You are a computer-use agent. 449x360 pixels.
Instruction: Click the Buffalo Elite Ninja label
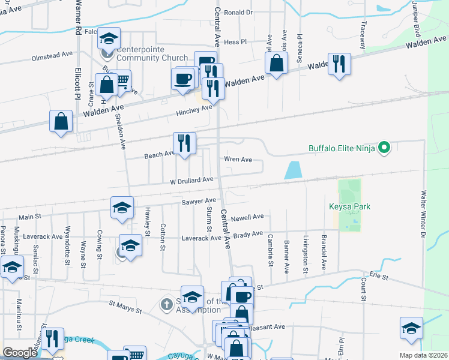point(342,148)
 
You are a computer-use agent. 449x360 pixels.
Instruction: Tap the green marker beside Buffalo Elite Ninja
point(386,147)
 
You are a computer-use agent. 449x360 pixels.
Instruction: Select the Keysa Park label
point(350,207)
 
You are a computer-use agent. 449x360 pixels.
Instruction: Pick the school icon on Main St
point(122,208)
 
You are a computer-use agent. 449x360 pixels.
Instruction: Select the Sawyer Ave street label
point(198,201)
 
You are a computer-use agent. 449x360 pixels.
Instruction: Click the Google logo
point(20,352)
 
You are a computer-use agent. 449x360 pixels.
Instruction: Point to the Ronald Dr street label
point(238,12)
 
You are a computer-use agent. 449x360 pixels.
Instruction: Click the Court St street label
point(363,290)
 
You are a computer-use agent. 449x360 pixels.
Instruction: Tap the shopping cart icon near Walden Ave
point(122,79)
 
